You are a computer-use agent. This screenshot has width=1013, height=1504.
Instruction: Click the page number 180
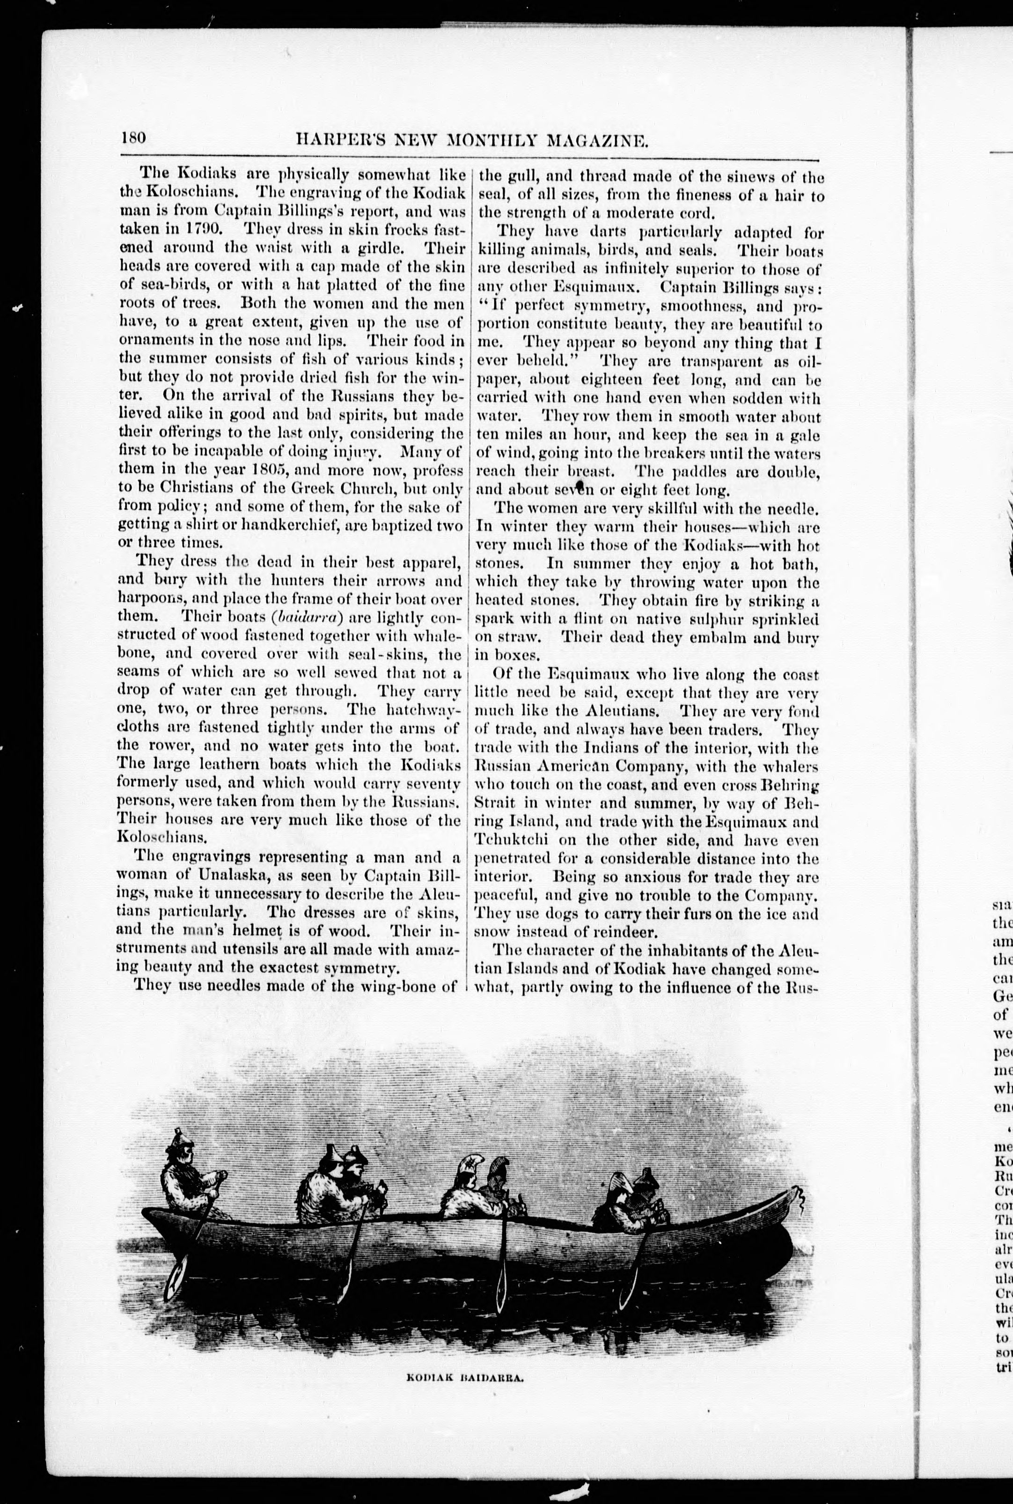[134, 138]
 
